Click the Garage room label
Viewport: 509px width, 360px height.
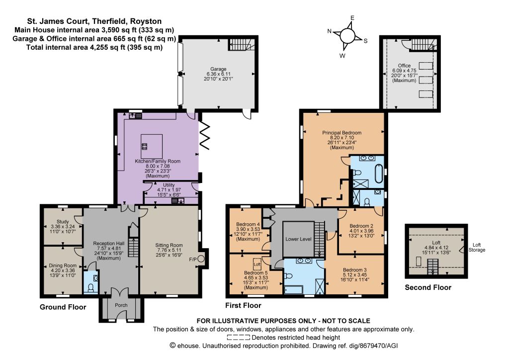218,69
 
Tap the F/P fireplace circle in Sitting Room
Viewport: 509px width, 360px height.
201,259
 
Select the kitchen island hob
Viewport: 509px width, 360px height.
145,146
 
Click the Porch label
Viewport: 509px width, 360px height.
121,305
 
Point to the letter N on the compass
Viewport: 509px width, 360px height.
329,31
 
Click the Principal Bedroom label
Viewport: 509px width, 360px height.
341,132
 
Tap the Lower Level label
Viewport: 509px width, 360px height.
298,239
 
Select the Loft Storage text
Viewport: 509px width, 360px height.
477,247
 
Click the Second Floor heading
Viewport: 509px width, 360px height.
428,287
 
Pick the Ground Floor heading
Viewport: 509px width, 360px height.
63,307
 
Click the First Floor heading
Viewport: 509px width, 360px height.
243,305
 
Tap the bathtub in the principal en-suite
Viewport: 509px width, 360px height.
379,174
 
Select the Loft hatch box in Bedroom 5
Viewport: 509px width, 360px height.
257,264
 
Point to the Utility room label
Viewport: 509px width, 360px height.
169,185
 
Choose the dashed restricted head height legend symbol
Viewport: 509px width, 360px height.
238,338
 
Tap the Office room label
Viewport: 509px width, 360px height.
404,66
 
